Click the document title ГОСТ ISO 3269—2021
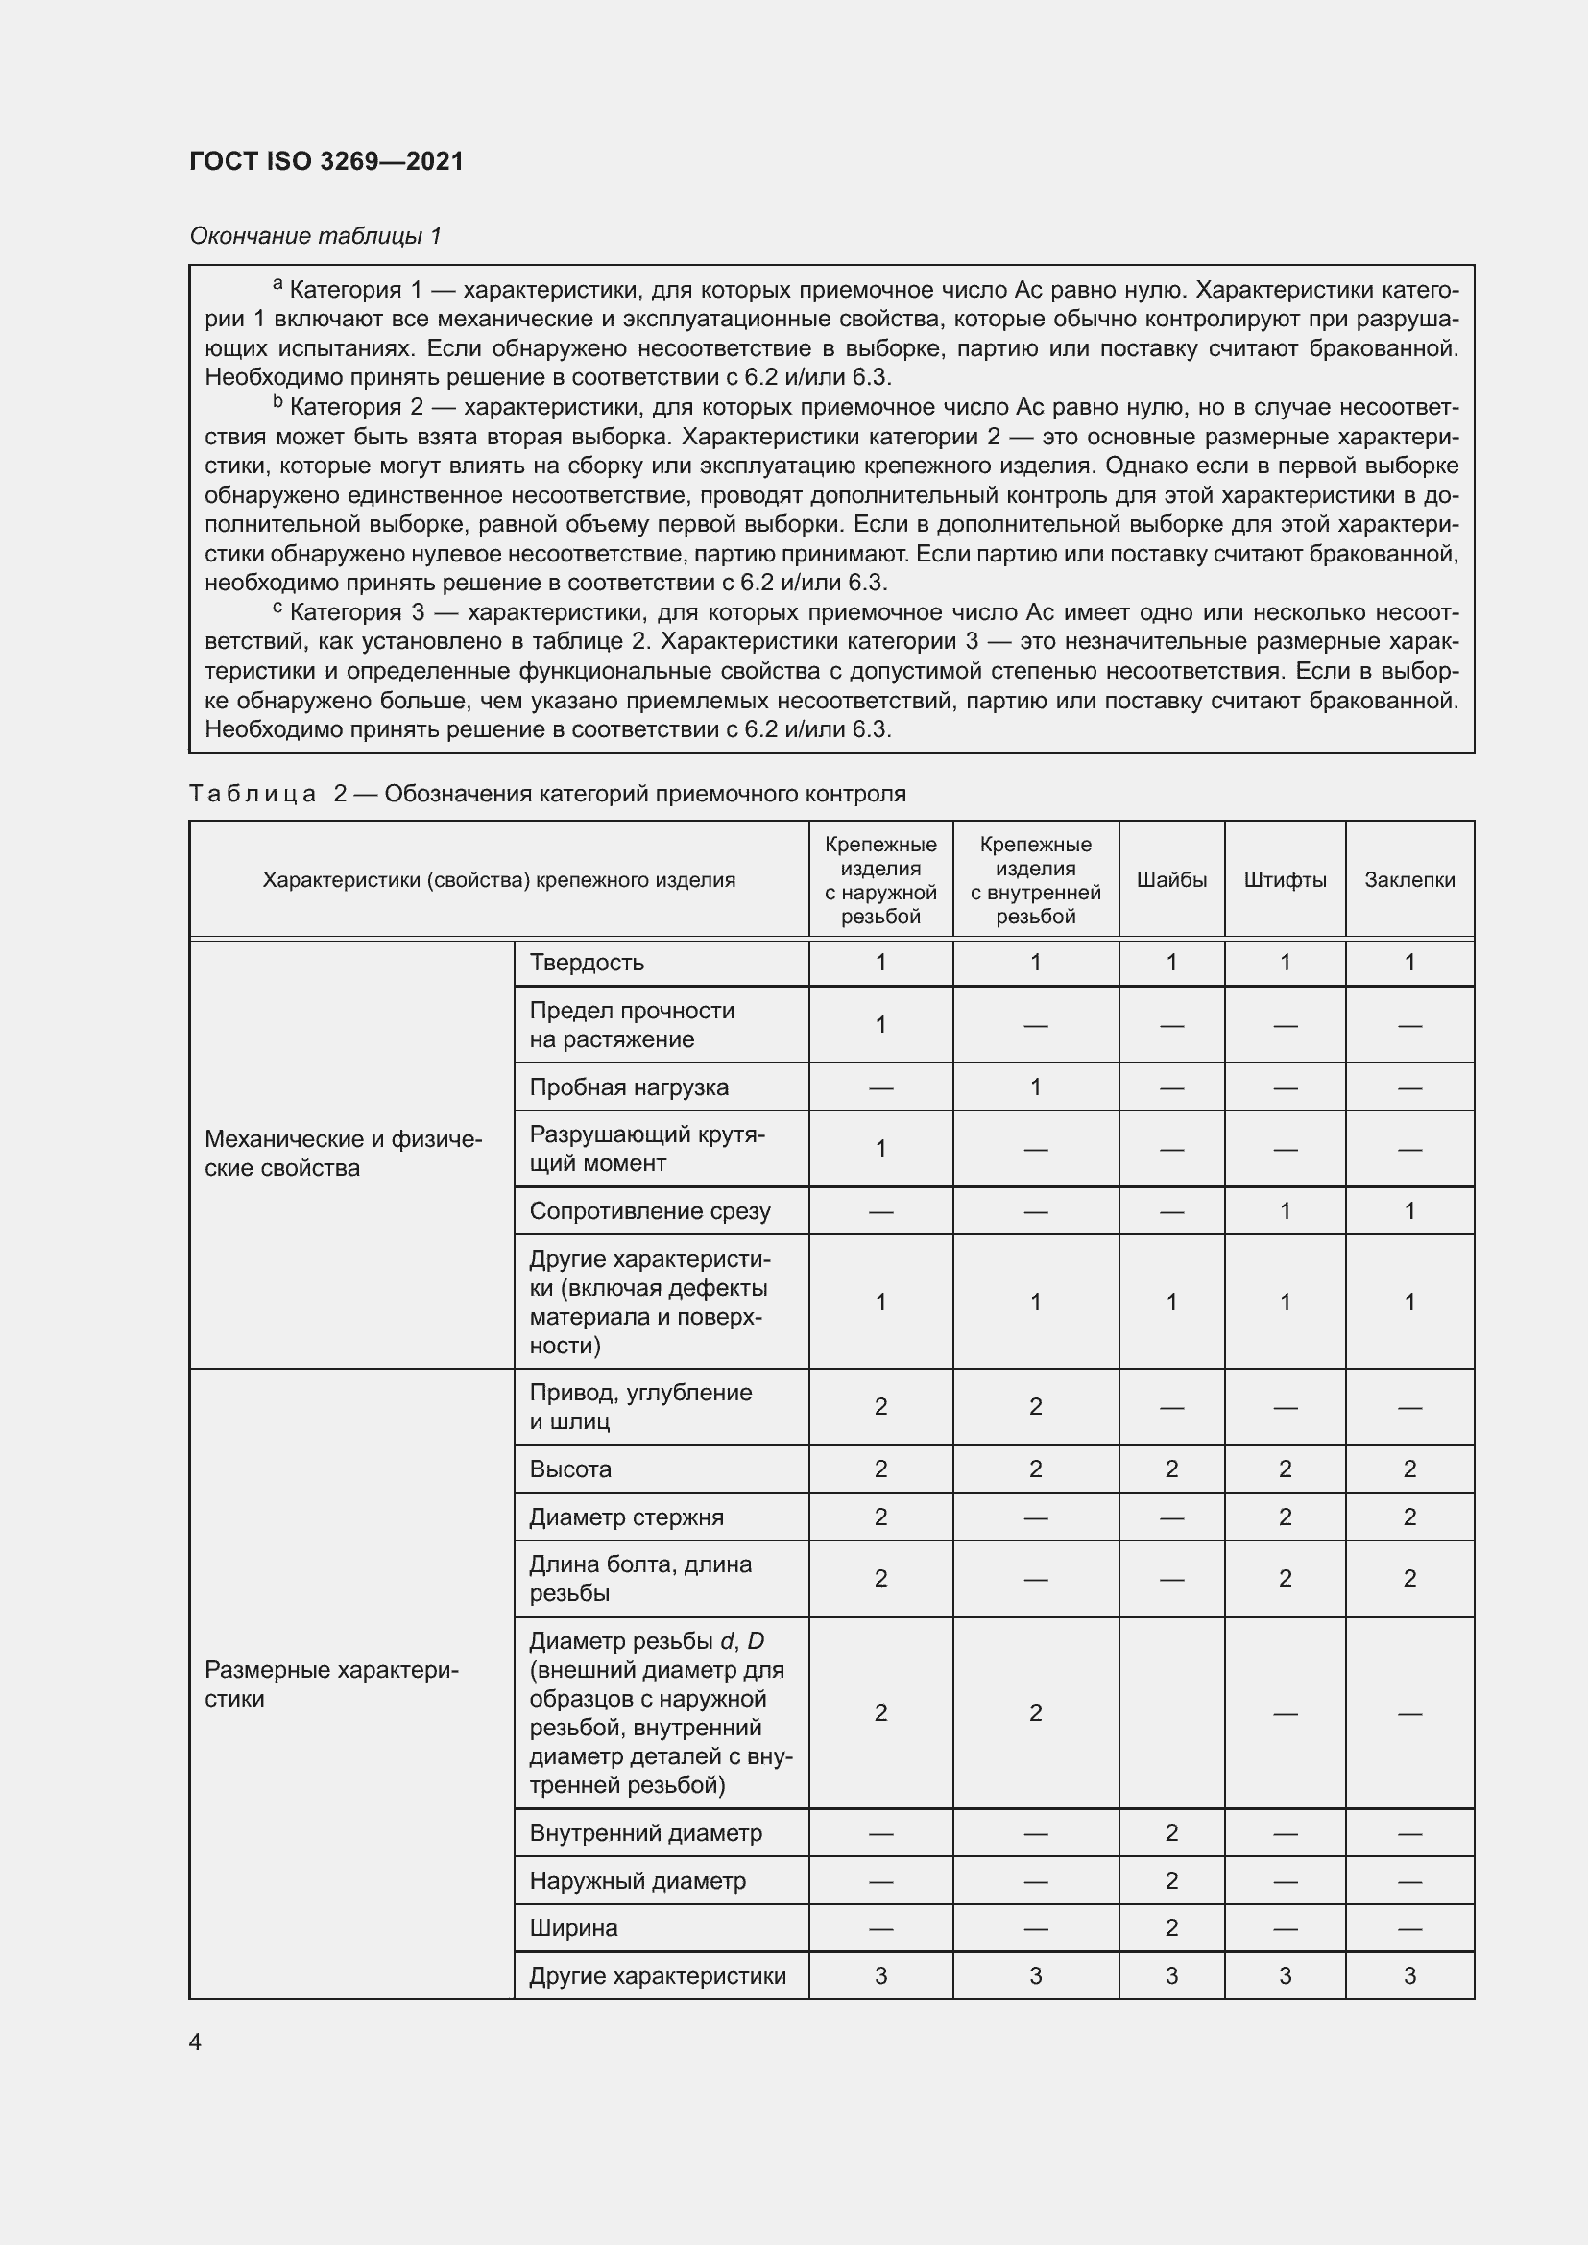tap(325, 161)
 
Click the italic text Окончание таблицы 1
tap(315, 236)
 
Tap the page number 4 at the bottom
tap(195, 2042)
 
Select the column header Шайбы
tap(1170, 879)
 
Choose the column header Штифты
tap(1284, 879)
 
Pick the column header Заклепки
tap(1409, 879)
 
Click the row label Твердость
tap(586, 962)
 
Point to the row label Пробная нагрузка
tap(628, 1087)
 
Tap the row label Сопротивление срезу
tap(649, 1210)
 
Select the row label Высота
tap(569, 1469)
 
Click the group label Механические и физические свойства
tap(343, 1153)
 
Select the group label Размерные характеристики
tap(330, 1684)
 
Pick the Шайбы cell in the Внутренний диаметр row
tap(1170, 1832)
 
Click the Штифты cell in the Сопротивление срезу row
tap(1284, 1210)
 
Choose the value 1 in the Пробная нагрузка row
tap(1035, 1087)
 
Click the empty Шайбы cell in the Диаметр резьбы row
tap(1170, 1712)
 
